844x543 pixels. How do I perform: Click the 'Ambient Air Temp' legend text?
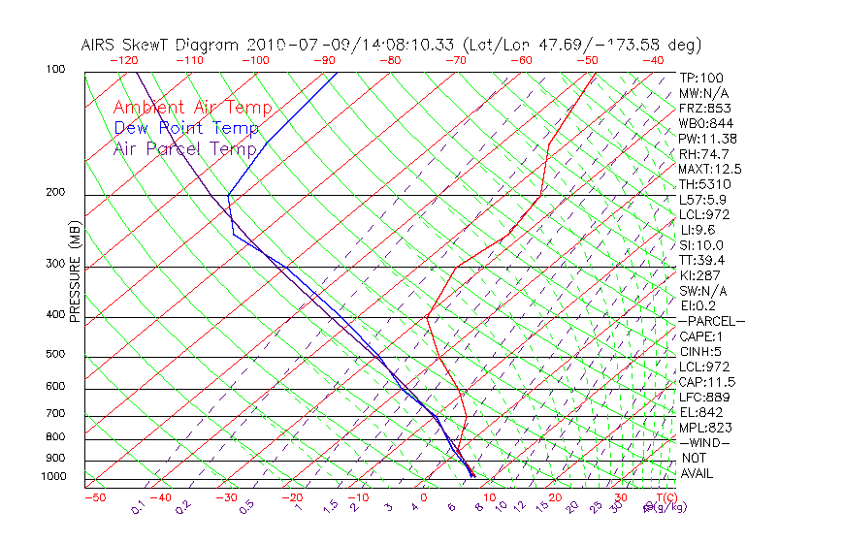click(192, 109)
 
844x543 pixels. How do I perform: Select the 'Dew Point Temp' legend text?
click(186, 128)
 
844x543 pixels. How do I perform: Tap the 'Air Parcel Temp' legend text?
click(185, 148)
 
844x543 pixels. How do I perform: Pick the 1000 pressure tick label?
click(54, 477)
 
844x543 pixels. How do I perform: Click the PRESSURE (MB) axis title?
click(75, 271)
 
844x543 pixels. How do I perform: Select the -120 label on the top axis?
click(123, 60)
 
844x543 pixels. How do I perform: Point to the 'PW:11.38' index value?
click(707, 139)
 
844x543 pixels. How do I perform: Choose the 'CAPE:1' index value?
click(703, 336)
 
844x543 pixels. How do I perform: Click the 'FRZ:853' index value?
click(705, 109)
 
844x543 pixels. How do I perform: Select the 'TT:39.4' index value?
click(703, 260)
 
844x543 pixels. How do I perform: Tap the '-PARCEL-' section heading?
click(711, 321)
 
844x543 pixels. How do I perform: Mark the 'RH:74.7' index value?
click(703, 154)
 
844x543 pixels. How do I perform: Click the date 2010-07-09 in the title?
click(286, 45)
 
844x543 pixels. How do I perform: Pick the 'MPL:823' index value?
click(705, 428)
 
